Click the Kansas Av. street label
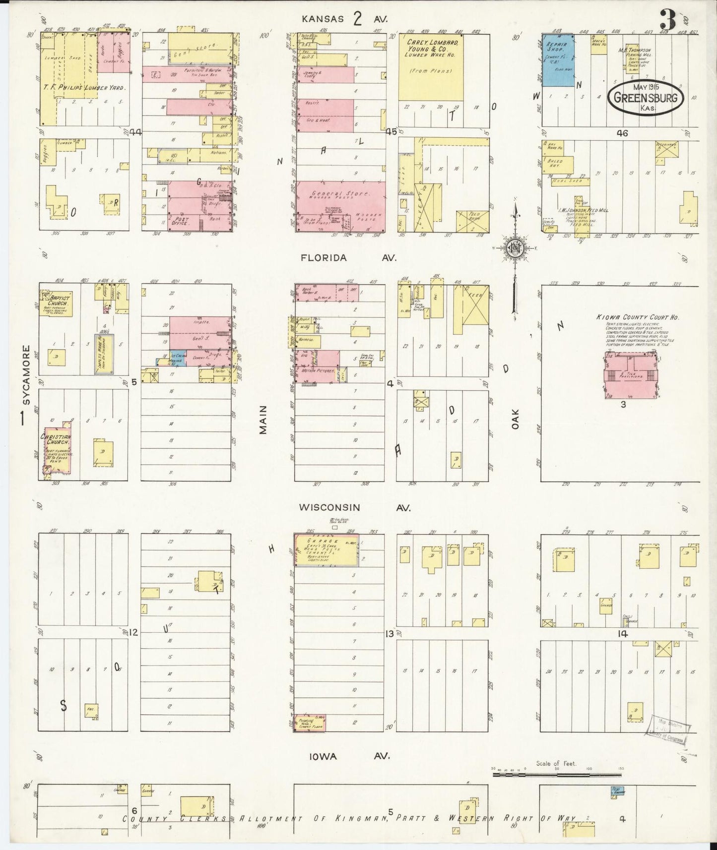click(346, 19)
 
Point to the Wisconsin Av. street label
click(354, 508)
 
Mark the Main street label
click(263, 420)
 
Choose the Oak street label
click(515, 419)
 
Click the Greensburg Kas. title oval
click(646, 97)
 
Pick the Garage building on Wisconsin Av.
click(327, 549)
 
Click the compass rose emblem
click(516, 248)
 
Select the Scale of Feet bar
click(556, 773)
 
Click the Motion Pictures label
click(318, 370)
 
